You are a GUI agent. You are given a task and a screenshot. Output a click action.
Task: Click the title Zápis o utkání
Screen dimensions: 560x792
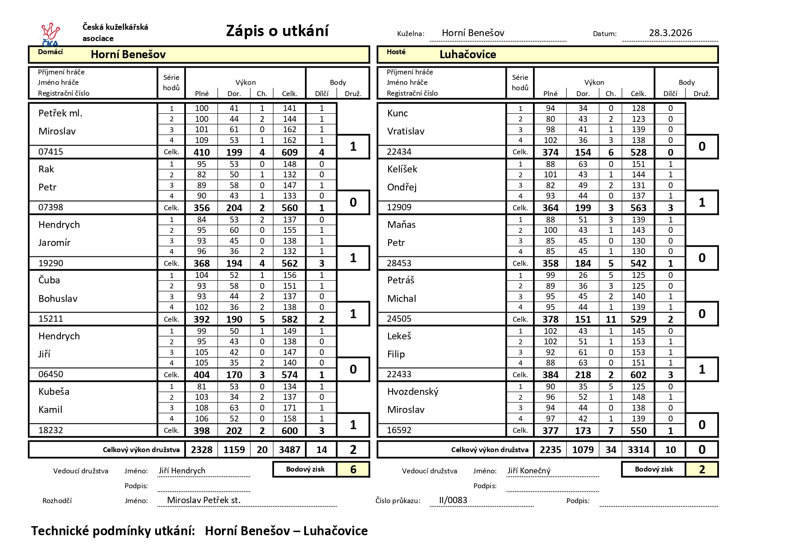[277, 31]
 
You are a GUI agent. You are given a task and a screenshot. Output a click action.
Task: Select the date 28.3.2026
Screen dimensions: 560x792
[670, 33]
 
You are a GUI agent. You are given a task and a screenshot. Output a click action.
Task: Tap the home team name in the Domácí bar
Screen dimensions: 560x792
[128, 55]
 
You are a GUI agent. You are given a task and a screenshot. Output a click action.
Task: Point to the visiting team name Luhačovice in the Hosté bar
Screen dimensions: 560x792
[468, 55]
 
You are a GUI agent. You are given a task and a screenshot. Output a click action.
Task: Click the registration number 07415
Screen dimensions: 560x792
[51, 152]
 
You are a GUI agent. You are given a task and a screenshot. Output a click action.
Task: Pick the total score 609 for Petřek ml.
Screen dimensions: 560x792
[289, 153]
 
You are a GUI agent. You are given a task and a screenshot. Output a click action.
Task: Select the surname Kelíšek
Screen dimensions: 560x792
[402, 169]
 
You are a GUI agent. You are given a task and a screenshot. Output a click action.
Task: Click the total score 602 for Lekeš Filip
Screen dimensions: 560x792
[638, 375]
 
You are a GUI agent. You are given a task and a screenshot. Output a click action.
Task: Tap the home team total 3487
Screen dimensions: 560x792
[289, 450]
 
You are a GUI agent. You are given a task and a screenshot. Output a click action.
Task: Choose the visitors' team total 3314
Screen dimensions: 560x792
[638, 450]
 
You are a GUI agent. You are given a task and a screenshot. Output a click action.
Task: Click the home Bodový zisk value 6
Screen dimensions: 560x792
[353, 470]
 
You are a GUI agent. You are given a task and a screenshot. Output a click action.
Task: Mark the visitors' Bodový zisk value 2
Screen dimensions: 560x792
[702, 470]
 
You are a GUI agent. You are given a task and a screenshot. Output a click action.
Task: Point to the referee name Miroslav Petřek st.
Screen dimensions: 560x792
[204, 500]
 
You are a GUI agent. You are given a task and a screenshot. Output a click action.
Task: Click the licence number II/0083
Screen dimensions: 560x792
[453, 500]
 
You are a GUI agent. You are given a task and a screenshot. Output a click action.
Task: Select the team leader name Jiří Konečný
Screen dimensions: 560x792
[529, 471]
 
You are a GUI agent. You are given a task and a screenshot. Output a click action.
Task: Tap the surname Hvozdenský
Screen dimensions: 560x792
[412, 392]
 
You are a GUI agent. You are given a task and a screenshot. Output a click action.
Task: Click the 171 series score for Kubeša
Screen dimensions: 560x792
[289, 408]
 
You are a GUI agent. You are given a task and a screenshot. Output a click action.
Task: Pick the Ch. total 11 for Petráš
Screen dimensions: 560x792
[611, 319]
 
